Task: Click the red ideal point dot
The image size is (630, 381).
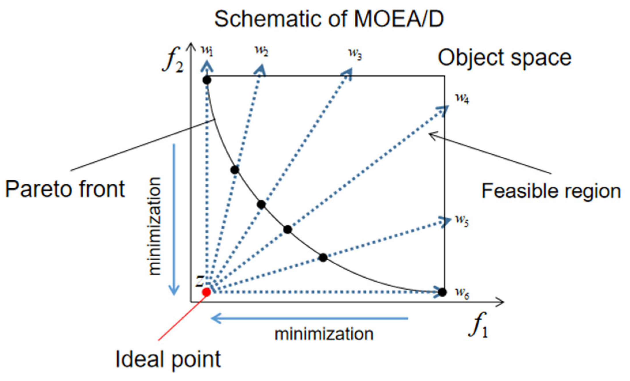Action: (x=206, y=292)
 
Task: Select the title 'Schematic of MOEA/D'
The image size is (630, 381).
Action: (x=329, y=19)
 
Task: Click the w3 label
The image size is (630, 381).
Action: (x=355, y=54)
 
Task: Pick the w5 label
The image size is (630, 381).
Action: (x=462, y=221)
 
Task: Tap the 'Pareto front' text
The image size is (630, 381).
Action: (x=65, y=189)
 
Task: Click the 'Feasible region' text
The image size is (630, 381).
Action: (x=551, y=191)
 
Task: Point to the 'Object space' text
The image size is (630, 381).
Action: (x=504, y=58)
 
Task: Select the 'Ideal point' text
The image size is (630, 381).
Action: (x=168, y=359)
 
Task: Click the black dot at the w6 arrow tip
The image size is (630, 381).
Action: (x=442, y=292)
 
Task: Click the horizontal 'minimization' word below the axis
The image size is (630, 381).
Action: (x=324, y=334)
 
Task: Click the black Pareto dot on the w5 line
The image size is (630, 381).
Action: (x=323, y=257)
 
